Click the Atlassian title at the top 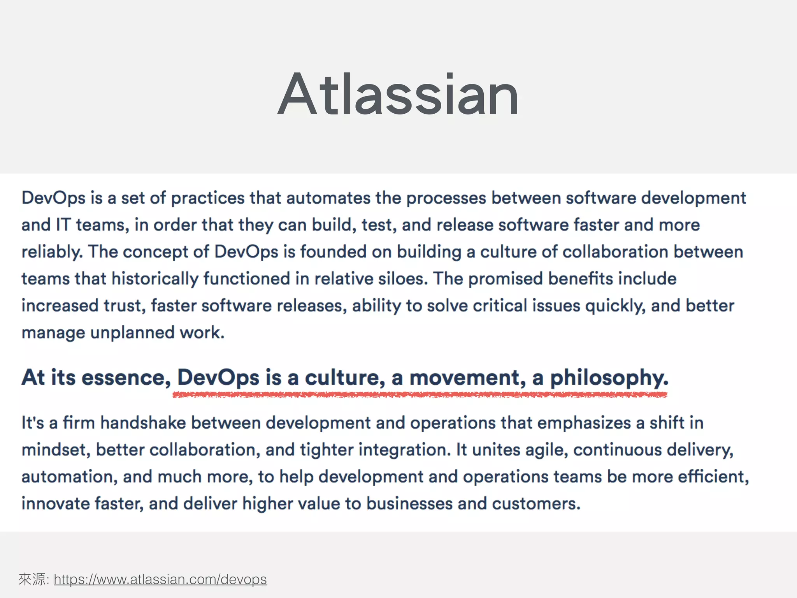click(398, 94)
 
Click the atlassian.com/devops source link click(160, 579)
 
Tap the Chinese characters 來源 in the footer click(32, 579)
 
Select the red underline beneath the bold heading click(420, 395)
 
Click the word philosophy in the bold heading click(609, 378)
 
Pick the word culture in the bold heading click(345, 378)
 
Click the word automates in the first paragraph click(328, 198)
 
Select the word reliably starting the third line click(52, 252)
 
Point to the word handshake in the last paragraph click(143, 423)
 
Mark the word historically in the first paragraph click(154, 279)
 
